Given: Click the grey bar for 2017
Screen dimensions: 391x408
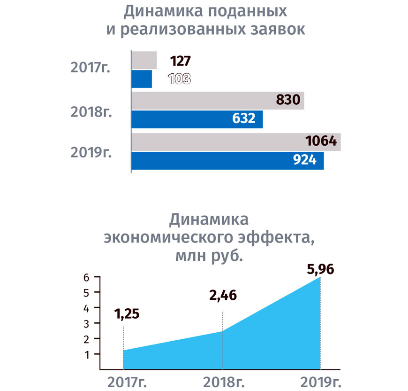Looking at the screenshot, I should pyautogui.click(x=144, y=61).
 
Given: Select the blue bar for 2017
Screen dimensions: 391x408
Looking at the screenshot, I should pyautogui.click(x=141, y=79).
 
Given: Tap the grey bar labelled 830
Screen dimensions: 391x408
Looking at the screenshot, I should pyautogui.click(x=217, y=101).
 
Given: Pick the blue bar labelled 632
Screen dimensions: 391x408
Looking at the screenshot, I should pyautogui.click(x=196, y=119).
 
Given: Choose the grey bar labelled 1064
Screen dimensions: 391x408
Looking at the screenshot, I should pyautogui.click(x=235, y=142).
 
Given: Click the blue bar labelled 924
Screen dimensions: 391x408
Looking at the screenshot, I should pyautogui.click(x=227, y=160).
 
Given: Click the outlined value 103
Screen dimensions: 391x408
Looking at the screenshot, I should pyautogui.click(x=179, y=79).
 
